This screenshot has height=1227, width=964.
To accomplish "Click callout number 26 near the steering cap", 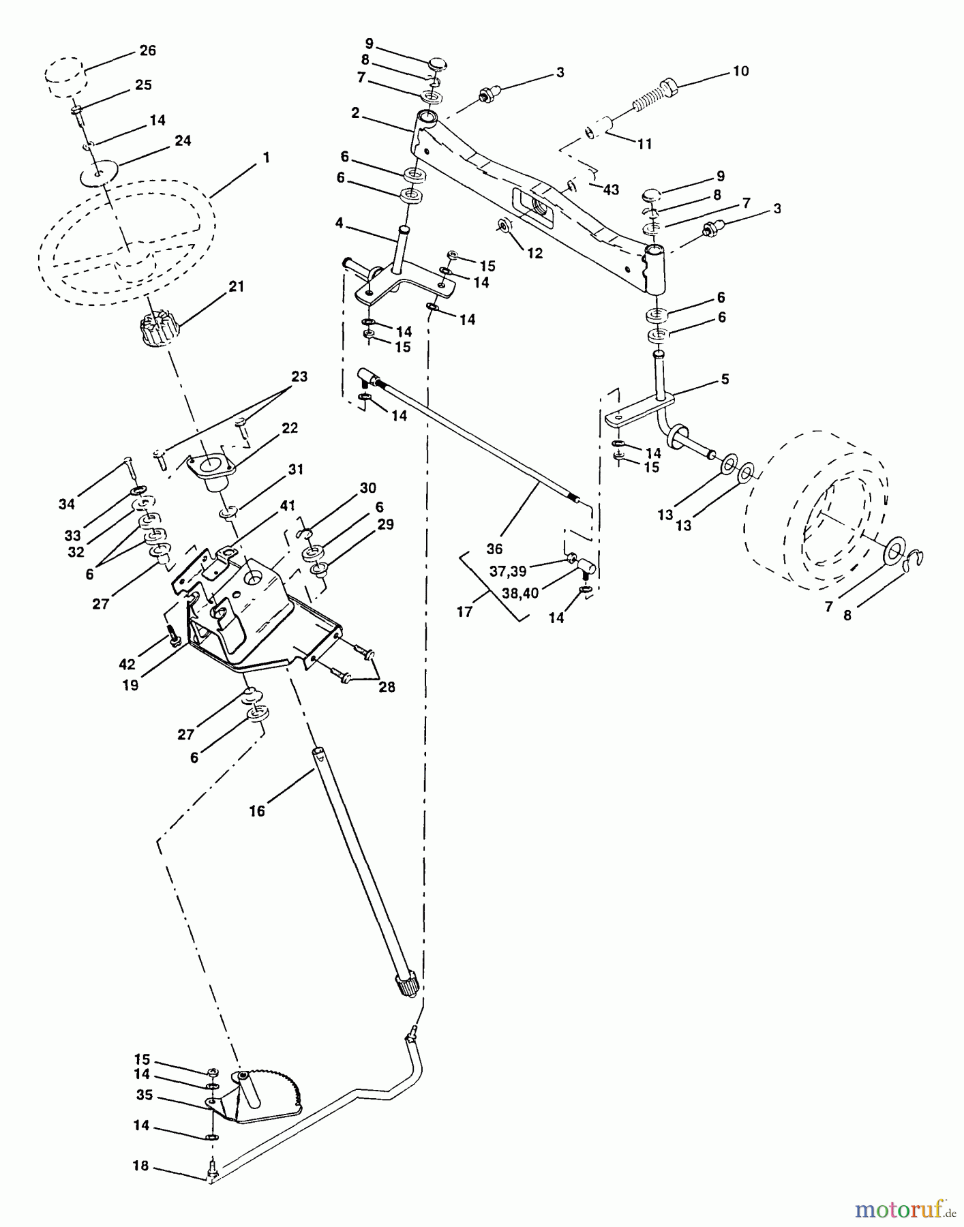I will pos(147,50).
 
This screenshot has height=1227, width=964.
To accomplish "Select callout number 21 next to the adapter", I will pos(236,286).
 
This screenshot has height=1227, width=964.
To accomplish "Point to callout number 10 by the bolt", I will pos(740,71).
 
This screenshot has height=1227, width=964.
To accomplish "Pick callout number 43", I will pos(611,190).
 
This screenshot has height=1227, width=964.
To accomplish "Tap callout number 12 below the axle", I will pos(534,253).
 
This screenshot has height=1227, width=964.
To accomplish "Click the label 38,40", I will pos(521,593).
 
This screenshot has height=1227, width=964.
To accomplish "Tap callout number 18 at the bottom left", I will pos(141,1166).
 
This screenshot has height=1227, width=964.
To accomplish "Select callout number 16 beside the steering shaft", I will pos(256,811).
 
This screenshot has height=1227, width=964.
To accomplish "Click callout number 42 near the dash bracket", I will pos(127,664).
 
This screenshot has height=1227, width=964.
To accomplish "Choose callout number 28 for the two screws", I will pos(387,687).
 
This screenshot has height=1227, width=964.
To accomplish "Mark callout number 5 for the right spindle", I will pos(725,379).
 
